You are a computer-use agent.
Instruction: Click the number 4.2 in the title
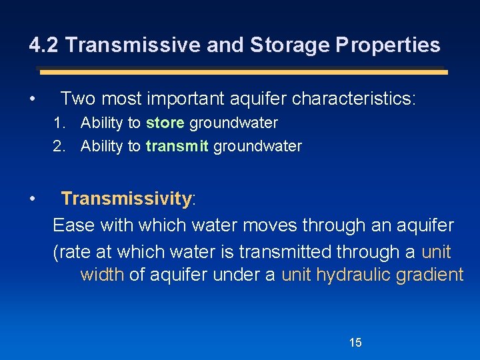click(44, 45)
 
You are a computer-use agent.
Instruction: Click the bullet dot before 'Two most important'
click(33, 99)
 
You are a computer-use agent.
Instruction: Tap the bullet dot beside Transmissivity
click(33, 199)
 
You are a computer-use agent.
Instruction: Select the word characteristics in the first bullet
click(353, 99)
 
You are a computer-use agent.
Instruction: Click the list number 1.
click(59, 123)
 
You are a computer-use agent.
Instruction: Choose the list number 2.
click(59, 146)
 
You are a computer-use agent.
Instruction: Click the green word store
click(165, 123)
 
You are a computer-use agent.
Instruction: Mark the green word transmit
click(177, 146)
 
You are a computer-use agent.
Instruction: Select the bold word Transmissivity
click(126, 199)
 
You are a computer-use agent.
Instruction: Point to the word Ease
click(74, 225)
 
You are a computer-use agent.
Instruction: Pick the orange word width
click(102, 274)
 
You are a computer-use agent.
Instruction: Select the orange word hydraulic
click(353, 274)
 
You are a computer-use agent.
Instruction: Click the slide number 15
click(355, 343)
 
